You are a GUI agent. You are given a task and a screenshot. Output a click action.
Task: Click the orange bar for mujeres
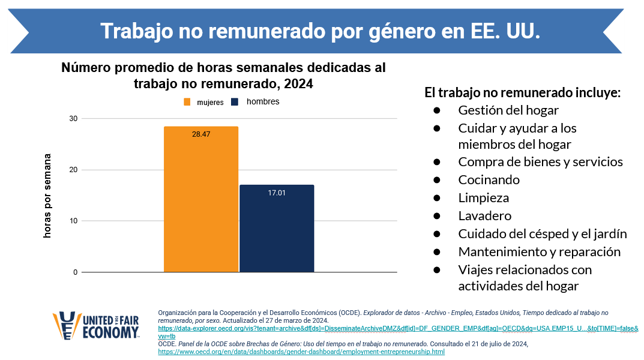point(201,204)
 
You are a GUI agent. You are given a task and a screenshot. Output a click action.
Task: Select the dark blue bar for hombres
point(277,231)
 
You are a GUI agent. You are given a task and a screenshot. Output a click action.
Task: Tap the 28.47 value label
point(201,134)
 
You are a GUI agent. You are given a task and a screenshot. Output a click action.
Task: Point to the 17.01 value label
point(277,193)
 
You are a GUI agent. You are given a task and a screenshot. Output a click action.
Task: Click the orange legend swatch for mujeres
point(187,102)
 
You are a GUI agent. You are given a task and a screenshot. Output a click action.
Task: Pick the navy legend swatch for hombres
point(236,102)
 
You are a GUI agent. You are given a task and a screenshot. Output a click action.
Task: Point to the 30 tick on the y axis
point(74,119)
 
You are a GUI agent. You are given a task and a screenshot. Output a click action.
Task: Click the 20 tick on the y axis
point(74,170)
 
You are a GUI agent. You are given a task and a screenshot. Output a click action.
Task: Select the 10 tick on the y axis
point(74,221)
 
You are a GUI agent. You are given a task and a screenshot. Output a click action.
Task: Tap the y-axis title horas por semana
point(48,196)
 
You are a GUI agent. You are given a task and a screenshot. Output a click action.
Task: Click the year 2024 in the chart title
point(299,84)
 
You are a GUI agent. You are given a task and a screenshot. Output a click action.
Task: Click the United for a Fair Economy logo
point(97,326)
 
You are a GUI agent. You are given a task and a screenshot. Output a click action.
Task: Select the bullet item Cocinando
point(489,179)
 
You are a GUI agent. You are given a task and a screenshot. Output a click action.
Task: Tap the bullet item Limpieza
point(483,197)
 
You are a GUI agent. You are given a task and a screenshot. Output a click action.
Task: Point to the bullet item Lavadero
point(484,215)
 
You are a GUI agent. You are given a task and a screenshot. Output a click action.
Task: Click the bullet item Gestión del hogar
point(508,110)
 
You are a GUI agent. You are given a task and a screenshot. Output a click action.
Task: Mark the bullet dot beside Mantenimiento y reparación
point(437,251)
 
